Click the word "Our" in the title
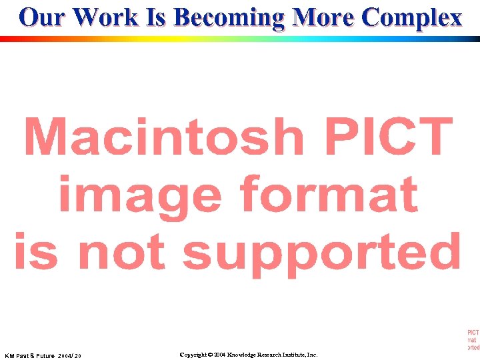[x=43, y=17]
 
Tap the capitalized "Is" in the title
[x=158, y=17]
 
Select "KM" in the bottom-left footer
[x=11, y=356]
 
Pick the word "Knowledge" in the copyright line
[x=245, y=355]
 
